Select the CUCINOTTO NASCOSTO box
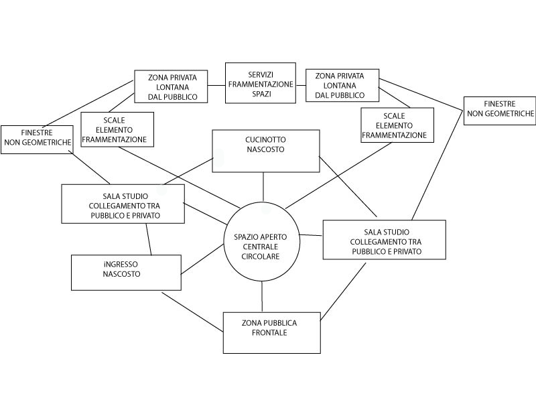tap(265, 151)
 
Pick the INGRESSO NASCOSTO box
tap(126, 272)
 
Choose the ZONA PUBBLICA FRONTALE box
tap(271, 332)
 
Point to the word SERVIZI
tap(261, 74)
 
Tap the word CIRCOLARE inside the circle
tap(261, 257)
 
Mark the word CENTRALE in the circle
tap(261, 247)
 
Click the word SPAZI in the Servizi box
tap(261, 94)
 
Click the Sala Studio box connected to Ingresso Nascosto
tap(123, 204)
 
